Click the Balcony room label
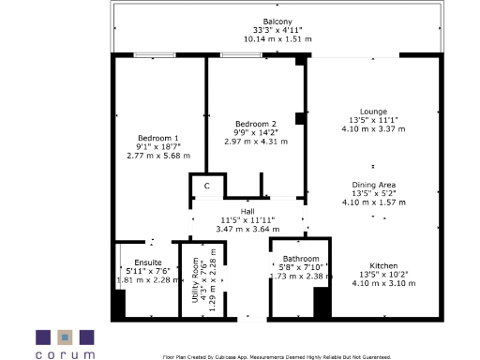(277, 22)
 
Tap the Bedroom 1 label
(158, 138)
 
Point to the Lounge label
(361, 112)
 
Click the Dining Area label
(373, 185)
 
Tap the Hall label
(247, 211)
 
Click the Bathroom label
(302, 259)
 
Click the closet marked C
(206, 186)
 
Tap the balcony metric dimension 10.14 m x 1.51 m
(277, 39)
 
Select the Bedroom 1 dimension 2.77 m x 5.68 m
(158, 156)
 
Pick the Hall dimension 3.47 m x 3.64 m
(247, 229)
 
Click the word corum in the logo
(65, 355)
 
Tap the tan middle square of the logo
(65, 336)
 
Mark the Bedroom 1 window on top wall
(154, 55)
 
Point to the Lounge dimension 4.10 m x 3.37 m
(361, 129)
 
